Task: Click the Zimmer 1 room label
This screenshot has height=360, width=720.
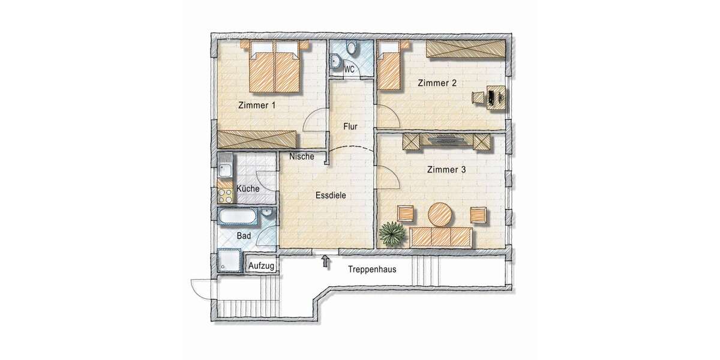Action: pos(257,106)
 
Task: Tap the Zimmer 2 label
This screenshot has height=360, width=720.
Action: pos(437,84)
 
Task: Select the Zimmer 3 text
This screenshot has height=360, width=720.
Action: pos(446,170)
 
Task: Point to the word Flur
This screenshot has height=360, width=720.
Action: pos(350,127)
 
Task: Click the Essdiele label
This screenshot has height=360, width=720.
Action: pos(331,195)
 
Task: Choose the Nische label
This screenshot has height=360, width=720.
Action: pos(301,157)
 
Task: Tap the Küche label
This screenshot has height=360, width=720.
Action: pos(248,188)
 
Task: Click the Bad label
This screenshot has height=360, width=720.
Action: pos(244,236)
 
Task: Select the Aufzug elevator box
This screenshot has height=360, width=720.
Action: pos(262,265)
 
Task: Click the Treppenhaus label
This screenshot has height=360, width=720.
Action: pos(372,269)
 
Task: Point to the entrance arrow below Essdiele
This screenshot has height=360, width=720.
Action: pos(326,260)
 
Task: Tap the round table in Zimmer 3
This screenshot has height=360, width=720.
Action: pos(441,215)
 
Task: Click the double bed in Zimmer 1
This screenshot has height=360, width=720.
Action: pos(274,70)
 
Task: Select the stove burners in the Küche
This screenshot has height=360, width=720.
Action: pos(226,194)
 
